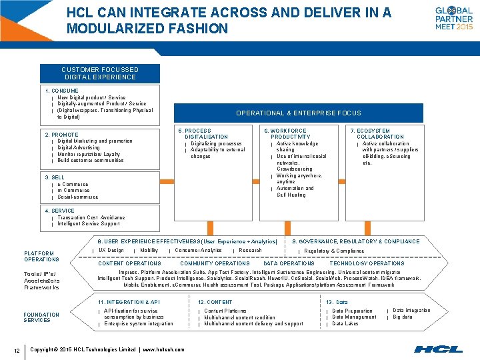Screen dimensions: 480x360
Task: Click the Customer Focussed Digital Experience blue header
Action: [99, 73]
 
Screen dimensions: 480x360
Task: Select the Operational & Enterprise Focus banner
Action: [298, 113]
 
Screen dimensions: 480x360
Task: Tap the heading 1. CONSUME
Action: [61, 91]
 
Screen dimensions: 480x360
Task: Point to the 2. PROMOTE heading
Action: [61, 135]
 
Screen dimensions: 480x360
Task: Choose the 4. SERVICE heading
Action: [59, 211]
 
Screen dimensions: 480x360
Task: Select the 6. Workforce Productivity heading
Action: [289, 134]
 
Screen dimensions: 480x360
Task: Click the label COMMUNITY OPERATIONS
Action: [215, 263]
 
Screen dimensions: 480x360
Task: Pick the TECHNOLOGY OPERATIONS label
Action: [367, 263]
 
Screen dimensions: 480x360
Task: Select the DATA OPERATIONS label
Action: [289, 263]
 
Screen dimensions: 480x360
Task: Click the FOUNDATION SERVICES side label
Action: [41, 317]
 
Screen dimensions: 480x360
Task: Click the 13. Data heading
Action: [337, 302]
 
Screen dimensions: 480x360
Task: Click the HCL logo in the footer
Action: [438, 349]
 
